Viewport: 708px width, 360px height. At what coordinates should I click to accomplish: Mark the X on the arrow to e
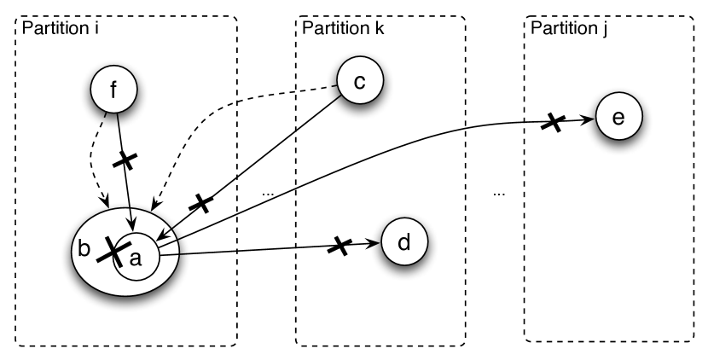[x=553, y=123]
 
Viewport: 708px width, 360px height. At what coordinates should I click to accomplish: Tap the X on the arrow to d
[x=339, y=247]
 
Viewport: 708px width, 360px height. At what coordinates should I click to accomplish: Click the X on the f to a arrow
[x=125, y=160]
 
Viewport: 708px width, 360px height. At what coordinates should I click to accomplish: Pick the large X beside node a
[x=111, y=249]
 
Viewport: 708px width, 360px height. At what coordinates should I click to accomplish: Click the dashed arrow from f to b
[x=93, y=162]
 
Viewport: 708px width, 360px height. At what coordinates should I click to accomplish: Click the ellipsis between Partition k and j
[x=499, y=195]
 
